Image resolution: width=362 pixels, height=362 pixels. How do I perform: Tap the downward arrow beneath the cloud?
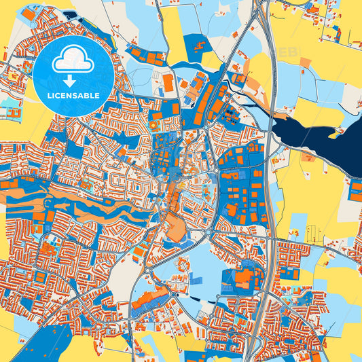pyautogui.click(x=75, y=77)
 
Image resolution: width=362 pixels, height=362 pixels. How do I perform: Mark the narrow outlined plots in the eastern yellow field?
pyautogui.click(x=314, y=234)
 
